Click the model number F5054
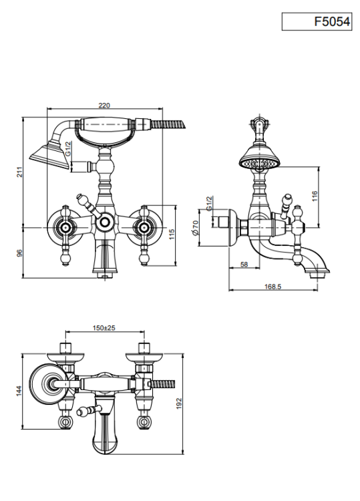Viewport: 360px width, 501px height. pos(332,21)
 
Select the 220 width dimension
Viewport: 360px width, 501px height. pos(104,106)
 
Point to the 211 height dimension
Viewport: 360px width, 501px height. pos(20,172)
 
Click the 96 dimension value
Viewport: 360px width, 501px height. pos(20,253)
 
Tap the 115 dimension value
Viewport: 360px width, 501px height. pos(172,234)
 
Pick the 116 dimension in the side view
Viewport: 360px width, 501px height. pos(315,196)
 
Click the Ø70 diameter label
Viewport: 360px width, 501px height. pos(196,228)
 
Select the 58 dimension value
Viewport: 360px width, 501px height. pos(244,265)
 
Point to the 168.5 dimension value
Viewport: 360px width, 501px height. pos(273,287)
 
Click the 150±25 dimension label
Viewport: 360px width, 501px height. pos(104,327)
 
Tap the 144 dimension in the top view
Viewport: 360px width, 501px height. pos(19,391)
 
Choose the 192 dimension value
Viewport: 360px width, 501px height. pos(178,403)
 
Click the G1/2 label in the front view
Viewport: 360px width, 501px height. pos(68,148)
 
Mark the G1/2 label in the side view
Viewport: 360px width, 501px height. pos(209,203)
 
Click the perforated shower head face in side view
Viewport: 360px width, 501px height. pos(259,164)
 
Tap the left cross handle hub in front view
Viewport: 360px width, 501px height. pos(65,228)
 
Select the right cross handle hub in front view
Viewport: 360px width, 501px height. pos(144,228)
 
